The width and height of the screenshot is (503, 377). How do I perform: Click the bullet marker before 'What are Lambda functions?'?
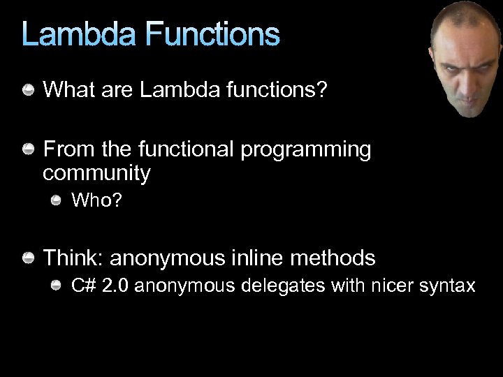click(x=29, y=89)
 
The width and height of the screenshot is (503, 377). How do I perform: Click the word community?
click(x=96, y=172)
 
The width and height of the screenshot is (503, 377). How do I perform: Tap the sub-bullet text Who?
click(x=97, y=201)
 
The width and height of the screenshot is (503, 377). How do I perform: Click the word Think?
click(x=73, y=258)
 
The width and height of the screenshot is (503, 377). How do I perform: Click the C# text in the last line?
click(x=84, y=286)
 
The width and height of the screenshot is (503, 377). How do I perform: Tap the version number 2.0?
click(x=115, y=286)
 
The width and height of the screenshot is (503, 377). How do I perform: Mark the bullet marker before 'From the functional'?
click(x=29, y=149)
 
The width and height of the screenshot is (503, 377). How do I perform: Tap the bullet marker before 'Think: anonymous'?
click(x=29, y=259)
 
